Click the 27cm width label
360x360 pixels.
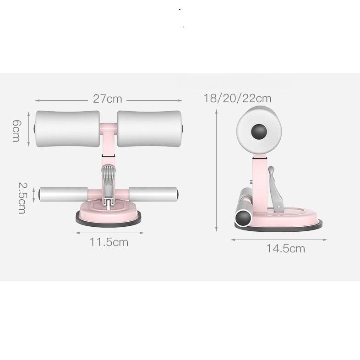pyautogui.click(x=108, y=99)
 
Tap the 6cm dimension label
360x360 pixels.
pyautogui.click(x=16, y=130)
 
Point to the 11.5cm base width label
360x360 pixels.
pyautogui.click(x=109, y=242)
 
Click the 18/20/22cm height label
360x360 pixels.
pyautogui.click(x=238, y=98)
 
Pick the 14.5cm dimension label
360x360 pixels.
pyautogui.click(x=285, y=249)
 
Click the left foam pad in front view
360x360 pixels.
pyautogui.click(x=66, y=129)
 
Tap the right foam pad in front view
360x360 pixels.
pyautogui.click(x=149, y=129)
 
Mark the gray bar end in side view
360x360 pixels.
pyautogui.click(x=242, y=215)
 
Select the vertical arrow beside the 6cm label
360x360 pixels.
pyautogui.click(x=30, y=129)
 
